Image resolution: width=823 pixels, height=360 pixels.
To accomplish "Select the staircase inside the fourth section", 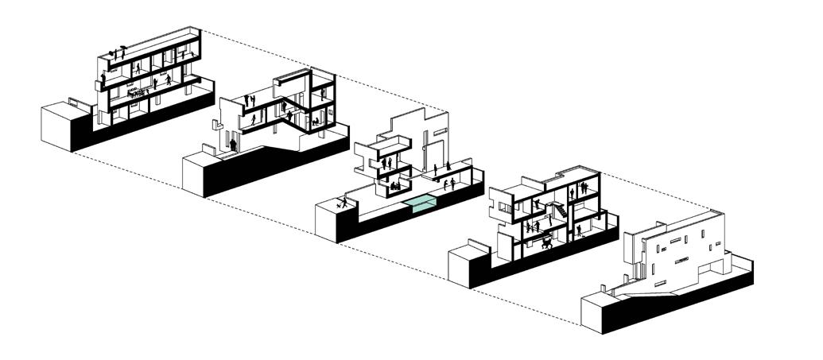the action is click(561, 213).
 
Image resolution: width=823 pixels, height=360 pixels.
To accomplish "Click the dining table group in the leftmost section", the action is click(140, 92).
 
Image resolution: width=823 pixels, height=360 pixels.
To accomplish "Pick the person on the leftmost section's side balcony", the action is click(103, 81).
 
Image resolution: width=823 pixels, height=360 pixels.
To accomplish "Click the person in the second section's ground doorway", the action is click(233, 144).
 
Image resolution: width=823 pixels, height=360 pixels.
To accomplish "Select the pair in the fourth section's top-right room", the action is click(584, 188).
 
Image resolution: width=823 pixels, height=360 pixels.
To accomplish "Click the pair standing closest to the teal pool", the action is click(449, 184).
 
